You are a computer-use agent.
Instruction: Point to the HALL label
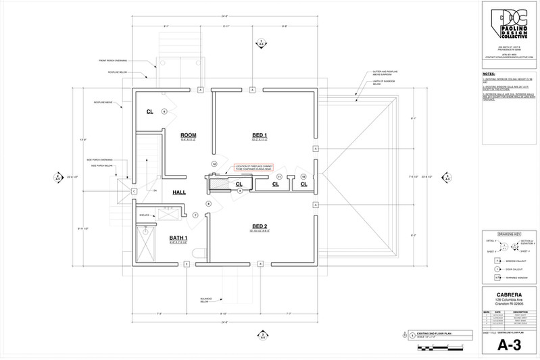(x=179, y=192)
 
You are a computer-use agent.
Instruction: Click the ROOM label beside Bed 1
(x=188, y=135)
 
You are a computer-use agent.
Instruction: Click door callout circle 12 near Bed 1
(x=214, y=164)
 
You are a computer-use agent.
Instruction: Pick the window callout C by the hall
(x=134, y=191)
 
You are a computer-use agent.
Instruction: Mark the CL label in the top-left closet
(x=150, y=111)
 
